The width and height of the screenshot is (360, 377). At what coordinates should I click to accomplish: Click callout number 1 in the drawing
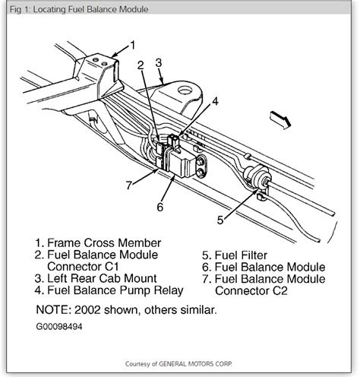click(x=132, y=45)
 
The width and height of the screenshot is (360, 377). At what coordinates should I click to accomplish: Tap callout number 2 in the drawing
click(x=141, y=65)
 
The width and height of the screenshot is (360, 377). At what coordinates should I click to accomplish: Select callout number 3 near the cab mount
click(x=159, y=63)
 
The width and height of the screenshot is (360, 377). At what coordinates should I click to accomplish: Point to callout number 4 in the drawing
click(x=215, y=101)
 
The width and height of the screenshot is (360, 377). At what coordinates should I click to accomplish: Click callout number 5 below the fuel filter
click(x=220, y=220)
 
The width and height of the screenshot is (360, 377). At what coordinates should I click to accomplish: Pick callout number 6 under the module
click(x=160, y=207)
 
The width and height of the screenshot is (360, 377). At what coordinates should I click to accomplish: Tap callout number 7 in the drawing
click(x=129, y=185)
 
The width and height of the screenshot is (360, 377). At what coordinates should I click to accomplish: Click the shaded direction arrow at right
click(x=280, y=119)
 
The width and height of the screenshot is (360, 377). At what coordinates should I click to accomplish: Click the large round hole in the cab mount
click(x=185, y=90)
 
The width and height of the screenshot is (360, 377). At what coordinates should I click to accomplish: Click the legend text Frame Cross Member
click(x=104, y=242)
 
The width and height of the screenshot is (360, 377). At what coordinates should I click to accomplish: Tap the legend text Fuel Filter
click(x=241, y=255)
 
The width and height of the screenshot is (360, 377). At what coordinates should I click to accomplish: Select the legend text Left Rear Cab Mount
click(x=102, y=278)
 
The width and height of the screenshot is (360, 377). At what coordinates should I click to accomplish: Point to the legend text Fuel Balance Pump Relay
click(x=115, y=290)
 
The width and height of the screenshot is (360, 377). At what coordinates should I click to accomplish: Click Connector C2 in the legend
click(x=251, y=290)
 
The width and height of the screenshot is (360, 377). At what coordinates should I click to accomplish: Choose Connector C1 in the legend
click(x=83, y=267)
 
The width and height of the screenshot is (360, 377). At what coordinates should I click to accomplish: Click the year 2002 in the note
click(x=87, y=309)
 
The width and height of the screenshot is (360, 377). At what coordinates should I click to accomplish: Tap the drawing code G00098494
click(x=59, y=326)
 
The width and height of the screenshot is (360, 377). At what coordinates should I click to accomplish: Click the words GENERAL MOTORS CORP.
click(x=195, y=364)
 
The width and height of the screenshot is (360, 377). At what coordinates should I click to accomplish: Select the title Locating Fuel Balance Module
click(x=90, y=9)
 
